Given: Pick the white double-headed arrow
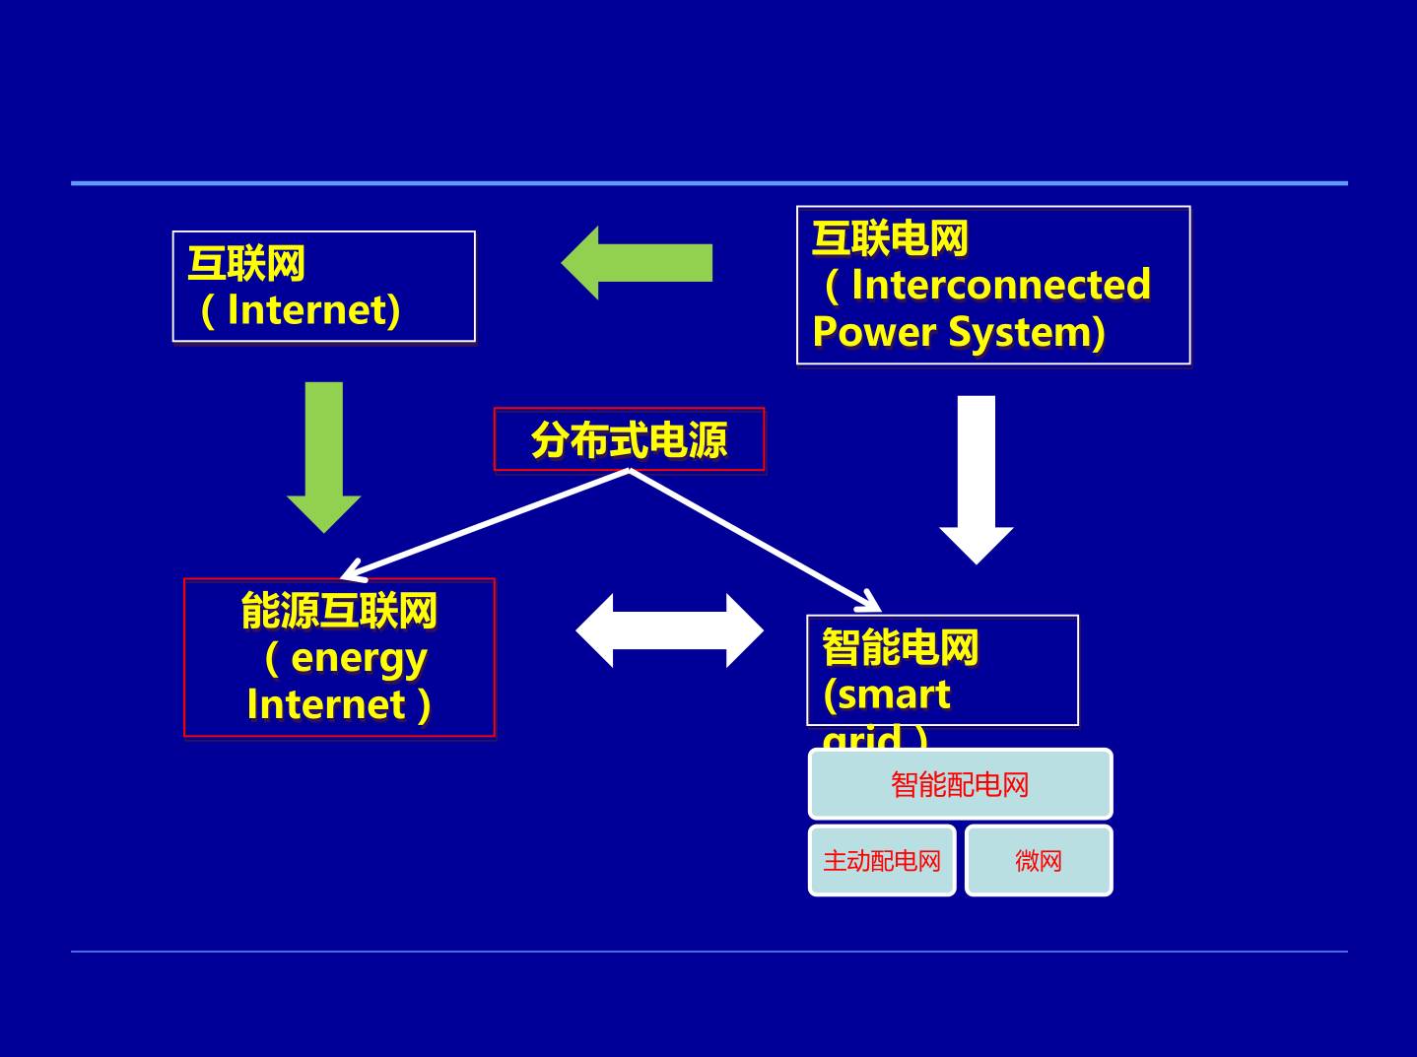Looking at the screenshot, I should pyautogui.click(x=669, y=630).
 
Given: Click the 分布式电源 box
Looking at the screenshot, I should pyautogui.click(x=629, y=439).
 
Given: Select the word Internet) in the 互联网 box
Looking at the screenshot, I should pyautogui.click(x=313, y=310).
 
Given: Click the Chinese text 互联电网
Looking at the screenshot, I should pyautogui.click(x=890, y=238).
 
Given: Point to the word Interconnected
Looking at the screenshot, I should pyautogui.click(x=1000, y=285).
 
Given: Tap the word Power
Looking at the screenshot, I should pyautogui.click(x=874, y=332).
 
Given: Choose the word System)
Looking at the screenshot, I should pyautogui.click(x=1026, y=332).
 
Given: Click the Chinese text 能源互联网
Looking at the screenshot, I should pyautogui.click(x=339, y=611).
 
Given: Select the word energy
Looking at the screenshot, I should pyautogui.click(x=359, y=658).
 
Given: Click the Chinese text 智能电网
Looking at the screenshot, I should pyautogui.click(x=900, y=647).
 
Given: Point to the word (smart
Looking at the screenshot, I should pyautogui.click(x=886, y=694).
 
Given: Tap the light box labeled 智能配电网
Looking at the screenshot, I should pyautogui.click(x=960, y=784).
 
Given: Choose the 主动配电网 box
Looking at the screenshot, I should pyautogui.click(x=882, y=861).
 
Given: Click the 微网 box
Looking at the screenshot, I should pyautogui.click(x=1039, y=861).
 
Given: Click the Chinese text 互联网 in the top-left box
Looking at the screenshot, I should pyautogui.click(x=246, y=263).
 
